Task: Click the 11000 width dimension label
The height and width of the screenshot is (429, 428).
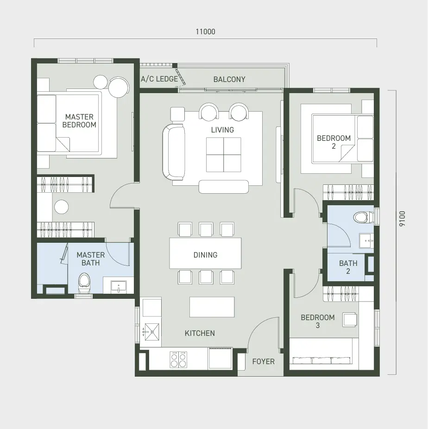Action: [205, 32]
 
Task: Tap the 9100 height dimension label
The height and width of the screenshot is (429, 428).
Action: [402, 219]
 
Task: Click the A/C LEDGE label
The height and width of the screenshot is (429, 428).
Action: [159, 79]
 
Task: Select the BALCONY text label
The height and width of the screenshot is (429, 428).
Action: [229, 79]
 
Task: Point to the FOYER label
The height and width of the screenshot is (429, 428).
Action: [264, 361]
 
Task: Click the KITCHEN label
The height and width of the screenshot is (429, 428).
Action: [200, 333]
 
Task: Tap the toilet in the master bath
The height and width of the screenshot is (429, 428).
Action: [84, 283]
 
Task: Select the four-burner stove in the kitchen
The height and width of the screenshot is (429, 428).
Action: [178, 360]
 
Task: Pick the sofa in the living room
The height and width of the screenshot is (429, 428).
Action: [173, 152]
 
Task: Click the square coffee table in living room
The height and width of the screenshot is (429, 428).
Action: [223, 155]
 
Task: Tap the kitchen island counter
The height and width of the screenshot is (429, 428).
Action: [212, 307]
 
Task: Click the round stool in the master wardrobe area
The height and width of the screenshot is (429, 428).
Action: [61, 207]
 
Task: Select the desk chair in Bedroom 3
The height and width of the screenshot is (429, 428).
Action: [350, 320]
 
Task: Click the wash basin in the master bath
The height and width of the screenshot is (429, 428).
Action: [119, 286]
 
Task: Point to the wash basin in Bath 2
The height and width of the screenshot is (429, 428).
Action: [366, 241]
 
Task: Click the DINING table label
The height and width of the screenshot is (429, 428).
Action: [205, 255]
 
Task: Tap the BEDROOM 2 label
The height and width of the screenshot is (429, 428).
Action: [334, 142]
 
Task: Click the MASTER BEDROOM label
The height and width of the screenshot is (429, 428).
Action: [79, 121]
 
